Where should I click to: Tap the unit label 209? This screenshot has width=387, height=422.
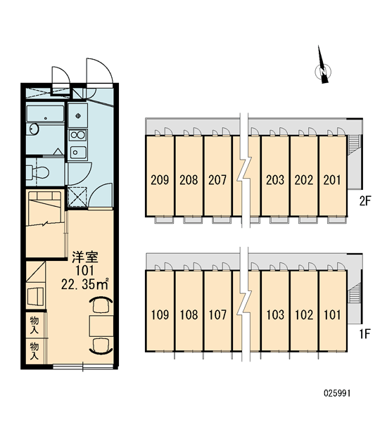tap(160, 180)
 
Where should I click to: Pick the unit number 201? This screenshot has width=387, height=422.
tap(332, 180)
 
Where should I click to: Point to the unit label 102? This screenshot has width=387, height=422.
tap(304, 314)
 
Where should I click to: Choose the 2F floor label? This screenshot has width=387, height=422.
tap(365, 200)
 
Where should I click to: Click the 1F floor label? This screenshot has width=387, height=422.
tap(365, 334)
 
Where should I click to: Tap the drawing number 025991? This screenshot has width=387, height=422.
tap(337, 393)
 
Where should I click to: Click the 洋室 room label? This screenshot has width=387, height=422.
tap(85, 257)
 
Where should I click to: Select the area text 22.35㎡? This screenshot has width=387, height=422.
tap(85, 284)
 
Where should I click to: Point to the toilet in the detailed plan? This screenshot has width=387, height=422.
tap(38, 172)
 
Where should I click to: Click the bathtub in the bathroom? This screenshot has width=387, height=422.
tap(45, 114)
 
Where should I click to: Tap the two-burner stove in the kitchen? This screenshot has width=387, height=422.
tap(77, 135)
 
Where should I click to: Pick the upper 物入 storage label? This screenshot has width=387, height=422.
tap(34, 325)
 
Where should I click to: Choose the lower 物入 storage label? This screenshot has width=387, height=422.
tap(34, 351)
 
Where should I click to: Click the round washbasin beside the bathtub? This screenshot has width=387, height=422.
tap(34, 129)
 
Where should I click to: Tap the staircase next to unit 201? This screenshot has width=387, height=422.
tap(353, 146)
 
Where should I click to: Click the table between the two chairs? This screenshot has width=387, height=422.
tap(101, 326)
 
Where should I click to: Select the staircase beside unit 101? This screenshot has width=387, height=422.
tap(353, 293)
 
